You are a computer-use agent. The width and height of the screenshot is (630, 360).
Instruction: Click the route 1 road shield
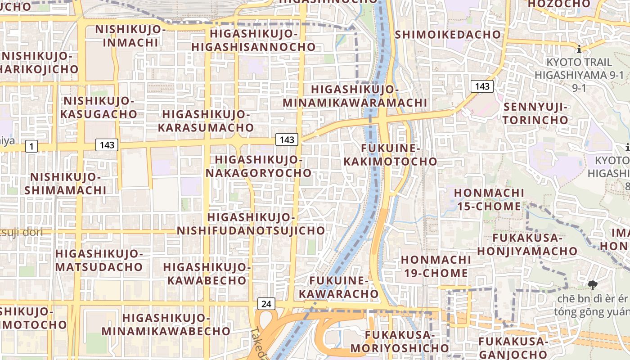pos(31,146)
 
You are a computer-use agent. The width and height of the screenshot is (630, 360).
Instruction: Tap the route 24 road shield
pos(266,304)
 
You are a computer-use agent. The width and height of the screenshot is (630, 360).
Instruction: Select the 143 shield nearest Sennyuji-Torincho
pos(482,86)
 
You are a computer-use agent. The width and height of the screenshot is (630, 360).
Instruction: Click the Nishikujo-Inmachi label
pos(130,36)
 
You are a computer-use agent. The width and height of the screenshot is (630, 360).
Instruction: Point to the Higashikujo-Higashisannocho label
pos(254,40)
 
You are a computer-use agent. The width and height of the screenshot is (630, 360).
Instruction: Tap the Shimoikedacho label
pos(448,34)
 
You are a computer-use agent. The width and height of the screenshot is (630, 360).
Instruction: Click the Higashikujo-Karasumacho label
pos(206,121)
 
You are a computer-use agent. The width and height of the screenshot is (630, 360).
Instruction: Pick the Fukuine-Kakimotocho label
pos(391,155)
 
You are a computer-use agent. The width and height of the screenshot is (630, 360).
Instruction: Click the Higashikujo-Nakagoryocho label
pos(258,166)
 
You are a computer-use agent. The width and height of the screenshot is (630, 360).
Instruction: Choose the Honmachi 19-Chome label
pos(436,266)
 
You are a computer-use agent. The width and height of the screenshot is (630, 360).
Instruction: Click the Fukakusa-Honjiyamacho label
pos(527,244)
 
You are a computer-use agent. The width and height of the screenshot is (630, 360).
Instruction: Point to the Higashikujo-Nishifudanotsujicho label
pos(251,224)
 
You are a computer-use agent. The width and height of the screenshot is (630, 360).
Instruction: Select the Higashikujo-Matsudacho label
pos(99,260)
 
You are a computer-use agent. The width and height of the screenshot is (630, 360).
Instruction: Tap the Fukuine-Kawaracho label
pos(339,288)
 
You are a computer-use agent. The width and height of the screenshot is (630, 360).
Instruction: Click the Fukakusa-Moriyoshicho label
pos(400,342)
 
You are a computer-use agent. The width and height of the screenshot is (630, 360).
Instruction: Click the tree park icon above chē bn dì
pos(592,284)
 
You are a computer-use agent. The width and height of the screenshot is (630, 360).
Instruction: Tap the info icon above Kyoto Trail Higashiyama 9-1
pos(579,49)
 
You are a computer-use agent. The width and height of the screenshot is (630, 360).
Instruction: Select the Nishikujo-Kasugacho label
pos(99,107)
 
